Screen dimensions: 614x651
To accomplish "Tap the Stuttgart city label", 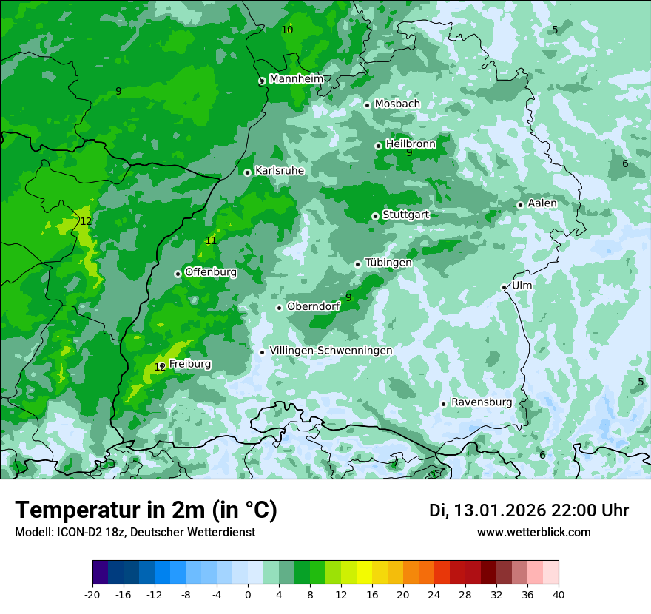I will pos(405,215).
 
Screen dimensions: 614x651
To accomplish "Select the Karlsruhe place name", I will pos(279,171).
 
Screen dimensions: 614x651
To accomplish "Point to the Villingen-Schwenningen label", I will pos(331,351).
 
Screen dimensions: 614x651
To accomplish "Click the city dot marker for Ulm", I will pos(504,287).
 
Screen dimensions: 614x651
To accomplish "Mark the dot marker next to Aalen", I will pos(520,205).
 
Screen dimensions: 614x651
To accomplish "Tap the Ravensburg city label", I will pos(481,402).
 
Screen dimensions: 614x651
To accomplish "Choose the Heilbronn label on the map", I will pos(411,144).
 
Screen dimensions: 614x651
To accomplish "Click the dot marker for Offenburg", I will pos(178,274).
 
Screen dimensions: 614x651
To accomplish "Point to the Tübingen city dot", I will pos(357,264).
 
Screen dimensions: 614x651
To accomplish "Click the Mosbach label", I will pos(397,104).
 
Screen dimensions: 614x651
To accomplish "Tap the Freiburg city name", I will pos(189,364).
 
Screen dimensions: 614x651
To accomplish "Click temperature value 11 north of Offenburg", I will pos(211,240).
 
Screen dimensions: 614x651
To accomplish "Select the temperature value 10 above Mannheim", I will pos(287,30).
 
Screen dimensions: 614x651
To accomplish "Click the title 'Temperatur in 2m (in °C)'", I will pos(146,510).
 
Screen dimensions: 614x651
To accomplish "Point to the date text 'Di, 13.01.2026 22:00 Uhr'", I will pos(528,510).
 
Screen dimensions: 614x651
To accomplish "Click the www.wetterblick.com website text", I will pos(533,533).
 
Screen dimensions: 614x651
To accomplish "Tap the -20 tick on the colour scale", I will pos(92,595).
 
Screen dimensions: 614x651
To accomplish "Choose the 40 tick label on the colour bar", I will pos(558,595).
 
